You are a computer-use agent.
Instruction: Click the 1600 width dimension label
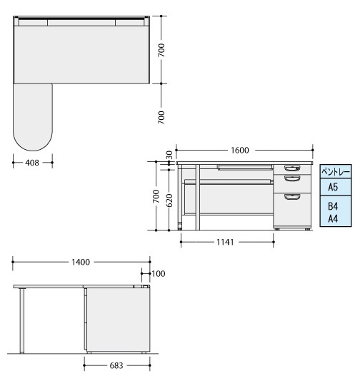point(239,150)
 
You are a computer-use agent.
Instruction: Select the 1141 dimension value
point(225,242)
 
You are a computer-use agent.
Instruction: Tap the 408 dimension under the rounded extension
point(32,163)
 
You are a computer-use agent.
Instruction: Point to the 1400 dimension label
point(81,262)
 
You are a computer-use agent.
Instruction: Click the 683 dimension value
point(116,365)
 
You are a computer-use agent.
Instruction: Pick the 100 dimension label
point(159,273)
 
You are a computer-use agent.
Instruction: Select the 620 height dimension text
point(169,200)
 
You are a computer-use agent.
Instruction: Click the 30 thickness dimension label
point(169,155)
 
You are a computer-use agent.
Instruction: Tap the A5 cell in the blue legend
point(336,187)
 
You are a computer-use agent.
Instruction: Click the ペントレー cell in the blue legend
point(336,172)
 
